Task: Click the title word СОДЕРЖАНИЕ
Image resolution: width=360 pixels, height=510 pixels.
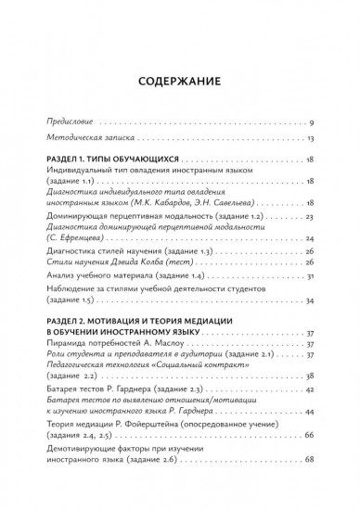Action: click(x=180, y=80)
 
